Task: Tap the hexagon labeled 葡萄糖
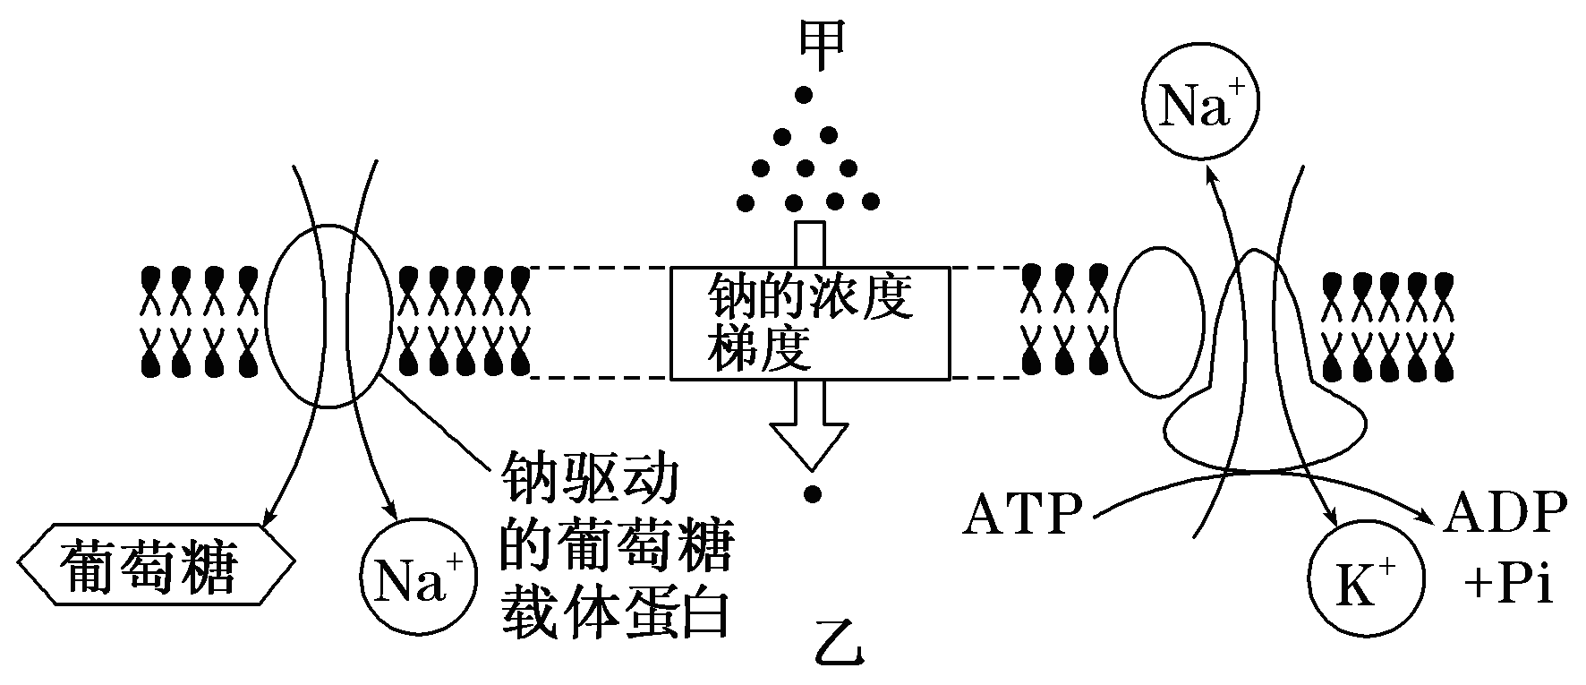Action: tap(156, 568)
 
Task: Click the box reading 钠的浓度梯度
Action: tap(809, 322)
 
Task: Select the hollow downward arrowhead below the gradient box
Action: tap(811, 444)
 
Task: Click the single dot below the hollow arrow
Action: tap(812, 493)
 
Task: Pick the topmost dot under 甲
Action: tap(805, 93)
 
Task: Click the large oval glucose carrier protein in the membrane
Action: tap(328, 315)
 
